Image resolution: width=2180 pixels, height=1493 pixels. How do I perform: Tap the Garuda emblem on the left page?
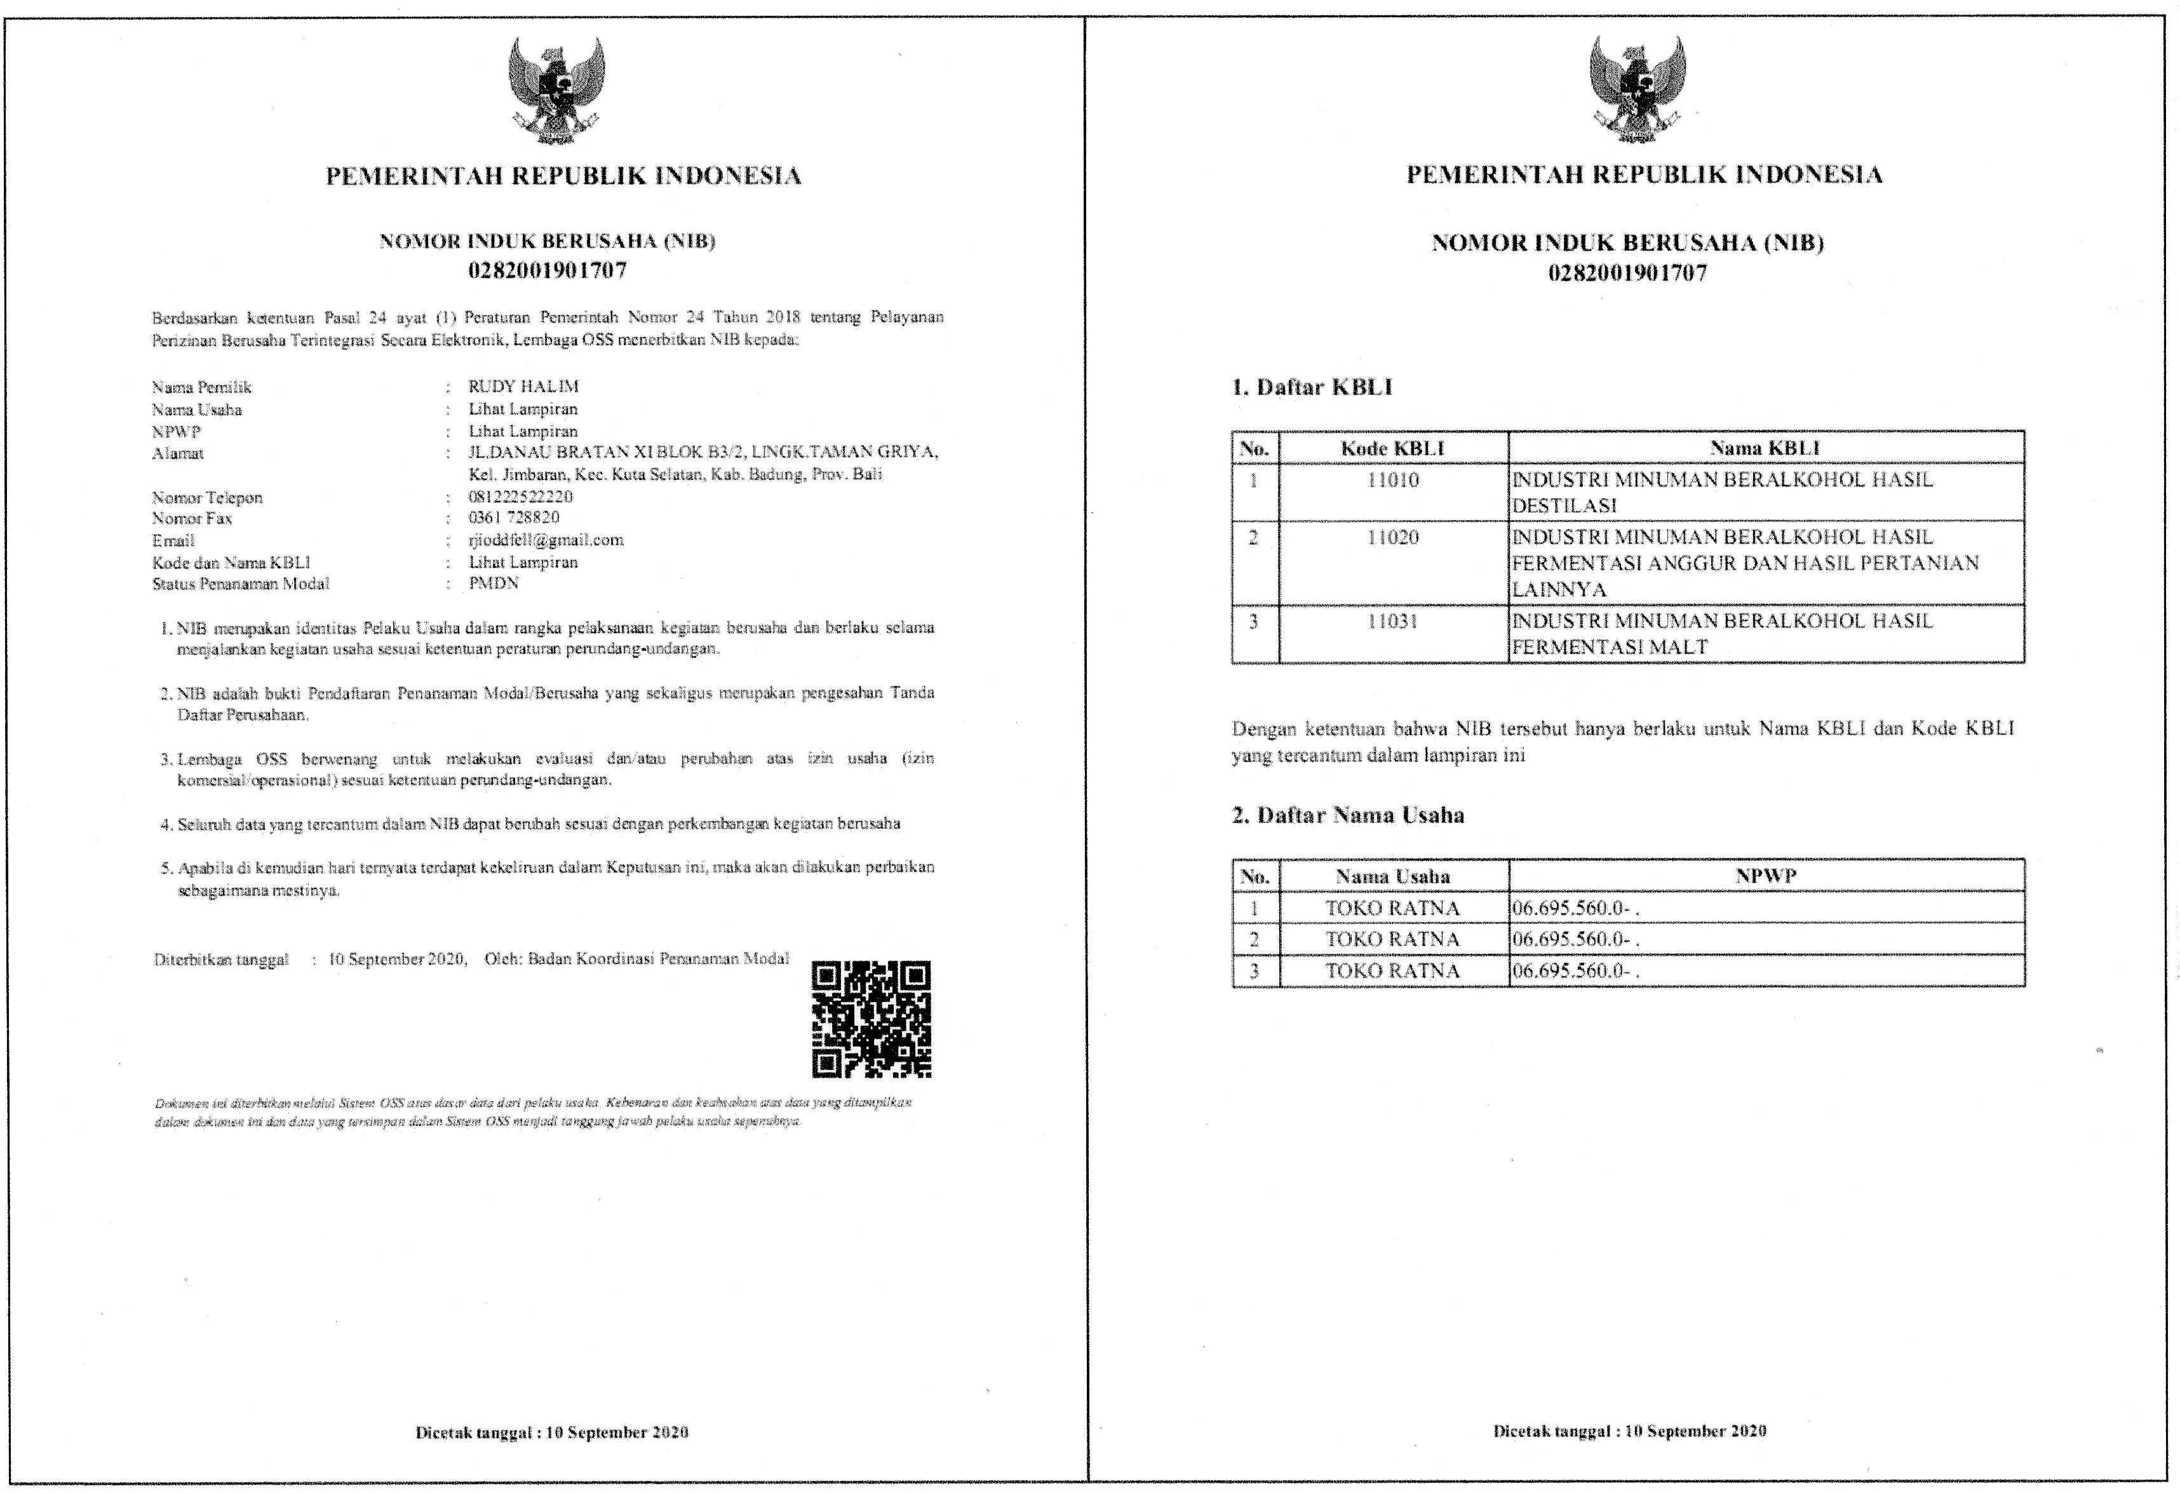coord(557,90)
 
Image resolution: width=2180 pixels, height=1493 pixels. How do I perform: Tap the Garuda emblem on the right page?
coord(1637,90)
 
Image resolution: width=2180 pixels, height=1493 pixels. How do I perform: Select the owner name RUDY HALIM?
coord(523,386)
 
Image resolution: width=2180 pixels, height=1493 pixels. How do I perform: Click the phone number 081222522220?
coord(521,496)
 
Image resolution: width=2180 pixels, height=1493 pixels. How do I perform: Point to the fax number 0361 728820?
coord(514,518)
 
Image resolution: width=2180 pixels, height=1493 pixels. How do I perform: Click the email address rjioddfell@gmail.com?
coord(546,540)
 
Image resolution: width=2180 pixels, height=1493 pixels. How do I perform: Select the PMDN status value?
coord(494,584)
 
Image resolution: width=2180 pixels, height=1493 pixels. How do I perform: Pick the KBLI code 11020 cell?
coord(1393,539)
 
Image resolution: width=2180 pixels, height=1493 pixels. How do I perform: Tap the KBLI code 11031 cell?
coord(1393,622)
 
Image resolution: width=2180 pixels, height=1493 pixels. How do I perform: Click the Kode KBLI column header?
coord(1393,448)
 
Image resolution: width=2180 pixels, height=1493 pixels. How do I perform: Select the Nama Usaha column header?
coord(1393,877)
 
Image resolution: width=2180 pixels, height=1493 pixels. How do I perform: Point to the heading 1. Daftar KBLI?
coord(1312,387)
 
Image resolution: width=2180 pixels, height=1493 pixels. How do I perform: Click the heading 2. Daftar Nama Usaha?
coord(1348,815)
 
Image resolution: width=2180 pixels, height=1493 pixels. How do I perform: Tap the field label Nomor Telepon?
coord(207,498)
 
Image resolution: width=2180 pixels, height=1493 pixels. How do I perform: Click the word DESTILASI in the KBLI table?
coord(1564,506)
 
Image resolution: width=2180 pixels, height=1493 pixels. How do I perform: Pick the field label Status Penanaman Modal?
coord(241,584)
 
